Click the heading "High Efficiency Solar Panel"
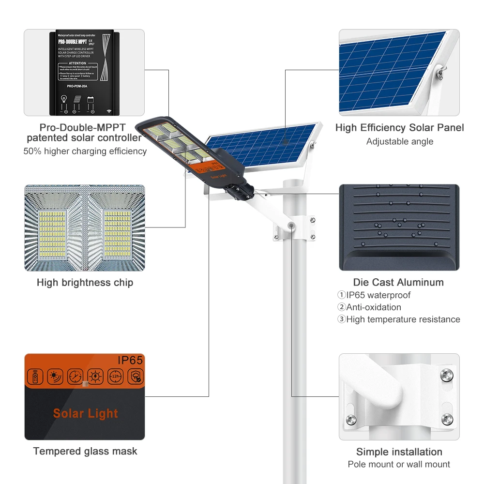click(399, 128)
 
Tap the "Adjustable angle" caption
click(399, 142)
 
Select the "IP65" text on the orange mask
click(130, 360)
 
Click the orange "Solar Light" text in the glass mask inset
click(85, 413)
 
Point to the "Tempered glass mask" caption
click(85, 452)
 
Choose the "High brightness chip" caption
click(85, 283)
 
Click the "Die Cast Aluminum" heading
click(398, 283)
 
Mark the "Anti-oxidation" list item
click(373, 307)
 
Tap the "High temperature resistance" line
click(403, 319)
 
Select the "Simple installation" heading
click(399, 452)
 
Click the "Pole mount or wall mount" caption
click(399, 465)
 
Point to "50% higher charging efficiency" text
click(85, 151)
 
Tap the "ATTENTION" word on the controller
click(77, 63)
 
